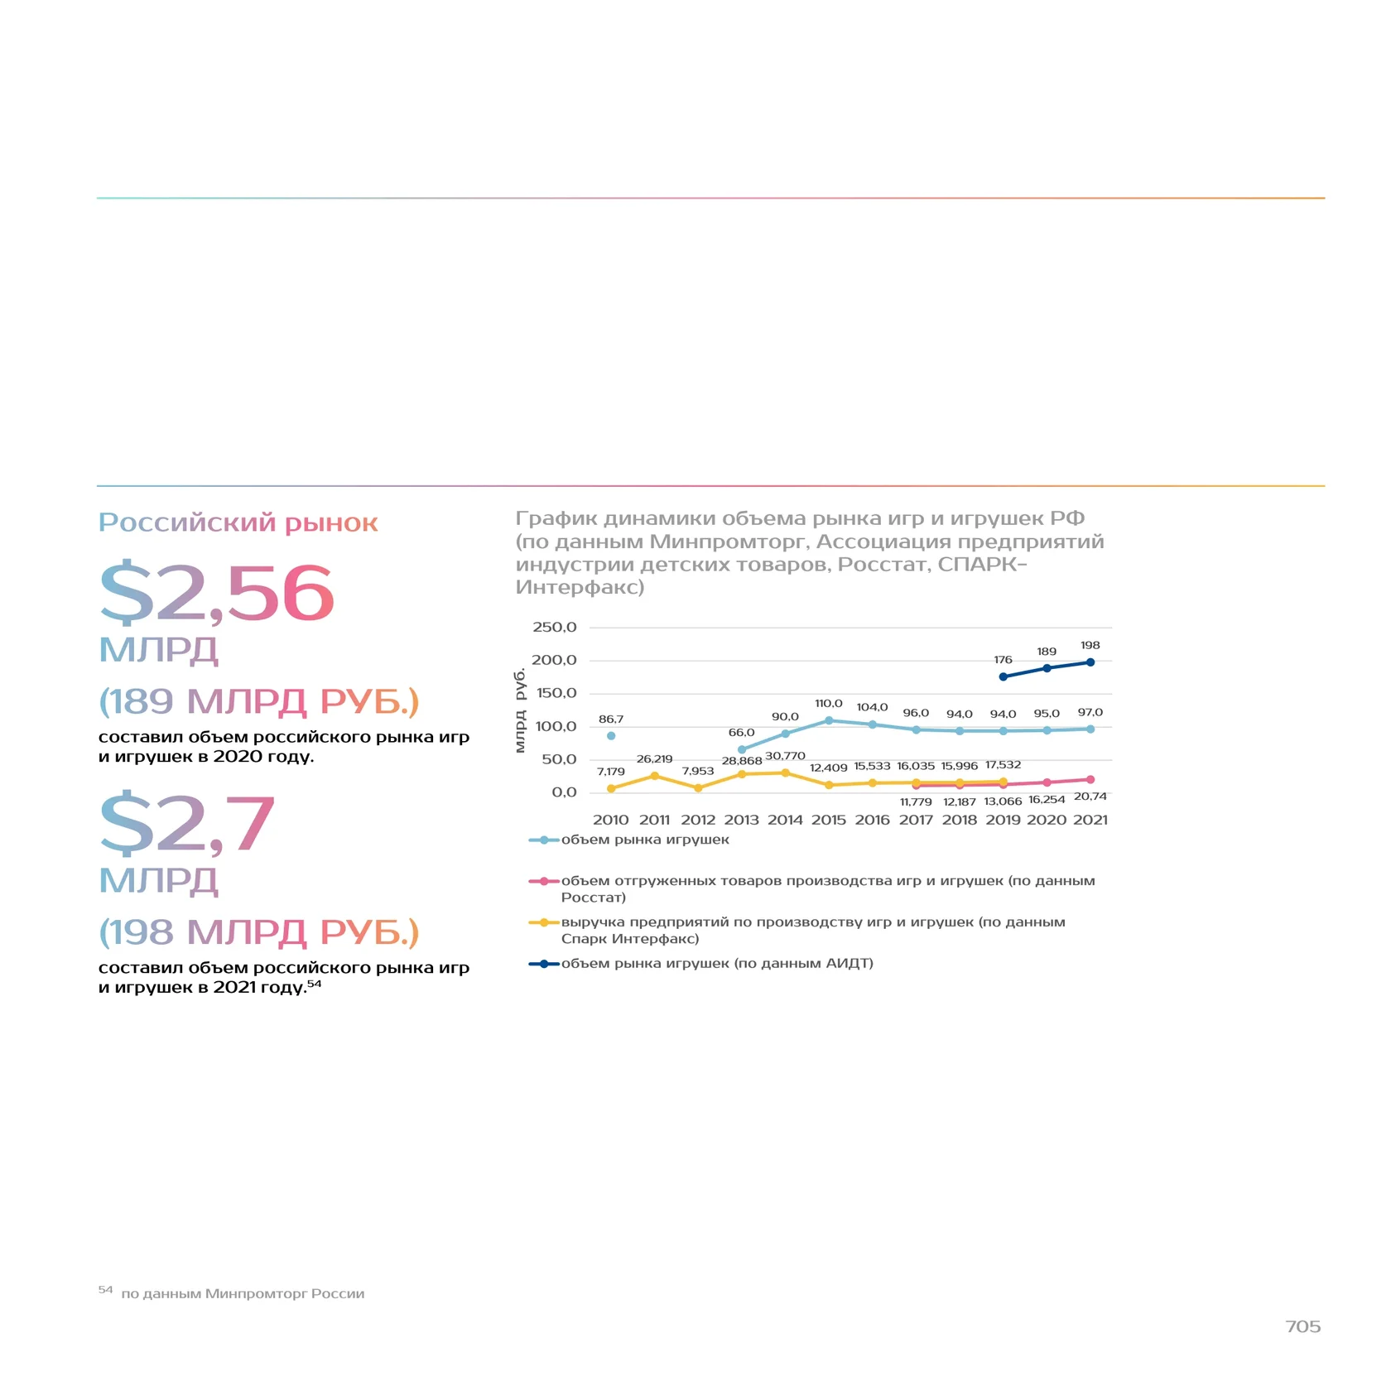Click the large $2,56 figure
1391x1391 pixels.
[216, 593]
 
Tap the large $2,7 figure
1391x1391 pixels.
[187, 824]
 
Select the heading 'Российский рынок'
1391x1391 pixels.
[238, 522]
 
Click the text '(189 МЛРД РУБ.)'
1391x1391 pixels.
[259, 701]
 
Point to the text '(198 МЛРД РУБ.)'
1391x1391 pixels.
[259, 932]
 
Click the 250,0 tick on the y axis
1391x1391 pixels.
[554, 627]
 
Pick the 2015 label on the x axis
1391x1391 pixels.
[829, 820]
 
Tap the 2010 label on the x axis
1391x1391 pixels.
[611, 820]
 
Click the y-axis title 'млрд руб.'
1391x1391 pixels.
[520, 710]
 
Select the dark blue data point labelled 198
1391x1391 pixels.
[1090, 662]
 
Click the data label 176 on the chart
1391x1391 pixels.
[1003, 660]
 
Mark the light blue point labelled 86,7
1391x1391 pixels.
[611, 736]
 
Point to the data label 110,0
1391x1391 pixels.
[829, 704]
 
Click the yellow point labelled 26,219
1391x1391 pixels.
[655, 776]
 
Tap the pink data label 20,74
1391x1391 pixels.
[1090, 797]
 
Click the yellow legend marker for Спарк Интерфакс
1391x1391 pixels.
[544, 922]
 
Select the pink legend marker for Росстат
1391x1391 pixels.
[544, 881]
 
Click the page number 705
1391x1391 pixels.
[1303, 1326]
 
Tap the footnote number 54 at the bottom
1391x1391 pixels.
[105, 1289]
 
